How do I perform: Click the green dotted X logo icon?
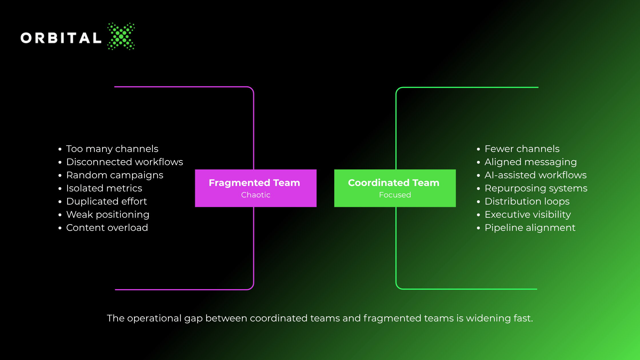[x=121, y=36]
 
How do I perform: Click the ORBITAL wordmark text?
[x=61, y=38]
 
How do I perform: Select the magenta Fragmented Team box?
[x=256, y=188]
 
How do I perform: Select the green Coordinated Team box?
[x=395, y=188]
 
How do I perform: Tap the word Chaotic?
[x=256, y=195]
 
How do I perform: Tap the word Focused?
[x=395, y=195]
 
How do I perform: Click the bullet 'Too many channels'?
[x=112, y=149]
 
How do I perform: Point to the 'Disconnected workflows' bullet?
[x=125, y=162]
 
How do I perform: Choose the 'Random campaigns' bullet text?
[x=115, y=175]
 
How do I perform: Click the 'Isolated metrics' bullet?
[x=104, y=188]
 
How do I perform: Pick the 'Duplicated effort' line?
[x=106, y=201]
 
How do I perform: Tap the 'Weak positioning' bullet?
[x=108, y=215]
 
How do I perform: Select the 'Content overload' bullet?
[x=107, y=228]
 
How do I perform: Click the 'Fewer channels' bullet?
[x=522, y=149]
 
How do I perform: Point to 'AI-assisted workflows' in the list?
[x=535, y=175]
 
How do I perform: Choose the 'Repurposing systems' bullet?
[x=536, y=188]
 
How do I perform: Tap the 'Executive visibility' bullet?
[x=528, y=215]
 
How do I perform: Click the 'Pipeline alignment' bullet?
[x=530, y=228]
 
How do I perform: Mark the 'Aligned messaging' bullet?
[x=531, y=162]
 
